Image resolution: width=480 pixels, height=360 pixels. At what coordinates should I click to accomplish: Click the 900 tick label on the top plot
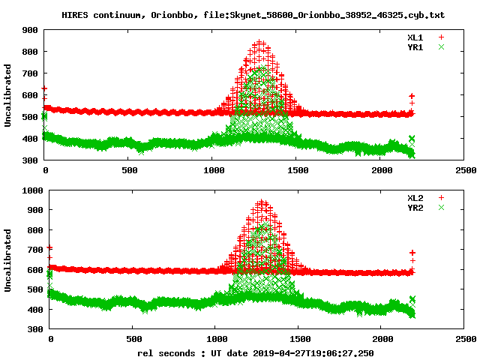[x=31, y=30]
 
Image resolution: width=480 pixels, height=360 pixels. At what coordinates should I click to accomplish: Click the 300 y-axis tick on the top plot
[x=31, y=160]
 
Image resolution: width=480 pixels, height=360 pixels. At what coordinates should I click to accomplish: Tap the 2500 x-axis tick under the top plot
[x=464, y=170]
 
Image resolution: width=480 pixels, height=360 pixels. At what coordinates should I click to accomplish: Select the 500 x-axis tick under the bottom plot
[x=133, y=338]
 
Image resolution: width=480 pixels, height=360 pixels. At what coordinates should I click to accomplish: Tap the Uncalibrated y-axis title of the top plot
[x=8, y=95]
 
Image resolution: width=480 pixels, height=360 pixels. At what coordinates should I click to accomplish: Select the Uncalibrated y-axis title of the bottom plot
[x=8, y=259]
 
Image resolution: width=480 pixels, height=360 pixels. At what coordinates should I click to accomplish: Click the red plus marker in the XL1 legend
[x=441, y=36]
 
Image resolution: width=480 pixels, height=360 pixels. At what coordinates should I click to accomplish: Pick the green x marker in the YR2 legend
[x=441, y=207]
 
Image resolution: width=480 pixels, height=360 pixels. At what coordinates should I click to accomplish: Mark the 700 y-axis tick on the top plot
[x=31, y=73]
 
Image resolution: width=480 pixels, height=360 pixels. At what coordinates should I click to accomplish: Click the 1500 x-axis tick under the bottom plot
[x=299, y=338]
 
